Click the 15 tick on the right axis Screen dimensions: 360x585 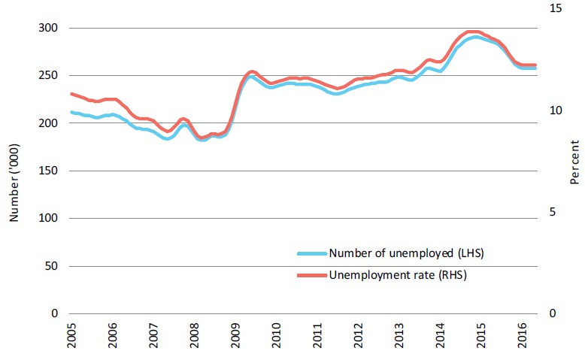pos(556,8)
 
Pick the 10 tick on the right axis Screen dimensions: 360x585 pos(556,110)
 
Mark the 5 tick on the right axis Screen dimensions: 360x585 pos(553,212)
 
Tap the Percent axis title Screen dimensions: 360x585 pos(574,163)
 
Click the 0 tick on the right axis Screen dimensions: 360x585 pos(553,313)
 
